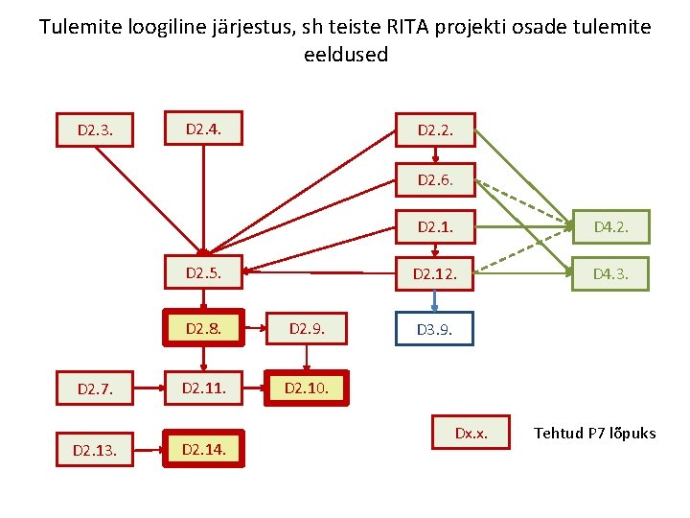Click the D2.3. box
pyautogui.click(x=94, y=129)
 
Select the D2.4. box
pyautogui.click(x=202, y=128)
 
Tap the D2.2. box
pyautogui.click(x=435, y=129)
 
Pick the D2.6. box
pyautogui.click(x=435, y=178)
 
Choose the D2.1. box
pyautogui.click(x=435, y=227)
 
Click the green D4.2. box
pyautogui.click(x=610, y=227)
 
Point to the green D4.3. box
pyautogui.click(x=610, y=274)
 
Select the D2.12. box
pyautogui.click(x=435, y=274)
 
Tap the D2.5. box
pyautogui.click(x=202, y=272)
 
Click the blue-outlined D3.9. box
pyautogui.click(x=435, y=329)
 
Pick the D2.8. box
pyautogui.click(x=202, y=328)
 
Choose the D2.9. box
pyautogui.click(x=307, y=328)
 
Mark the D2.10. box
pyautogui.click(x=307, y=388)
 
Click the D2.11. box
pyautogui.click(x=202, y=388)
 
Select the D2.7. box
pyautogui.click(x=94, y=389)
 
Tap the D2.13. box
pyautogui.click(x=94, y=449)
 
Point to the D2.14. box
pyautogui.click(x=202, y=448)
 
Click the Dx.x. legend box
pyautogui.click(x=471, y=434)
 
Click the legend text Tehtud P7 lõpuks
pyautogui.click(x=594, y=434)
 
